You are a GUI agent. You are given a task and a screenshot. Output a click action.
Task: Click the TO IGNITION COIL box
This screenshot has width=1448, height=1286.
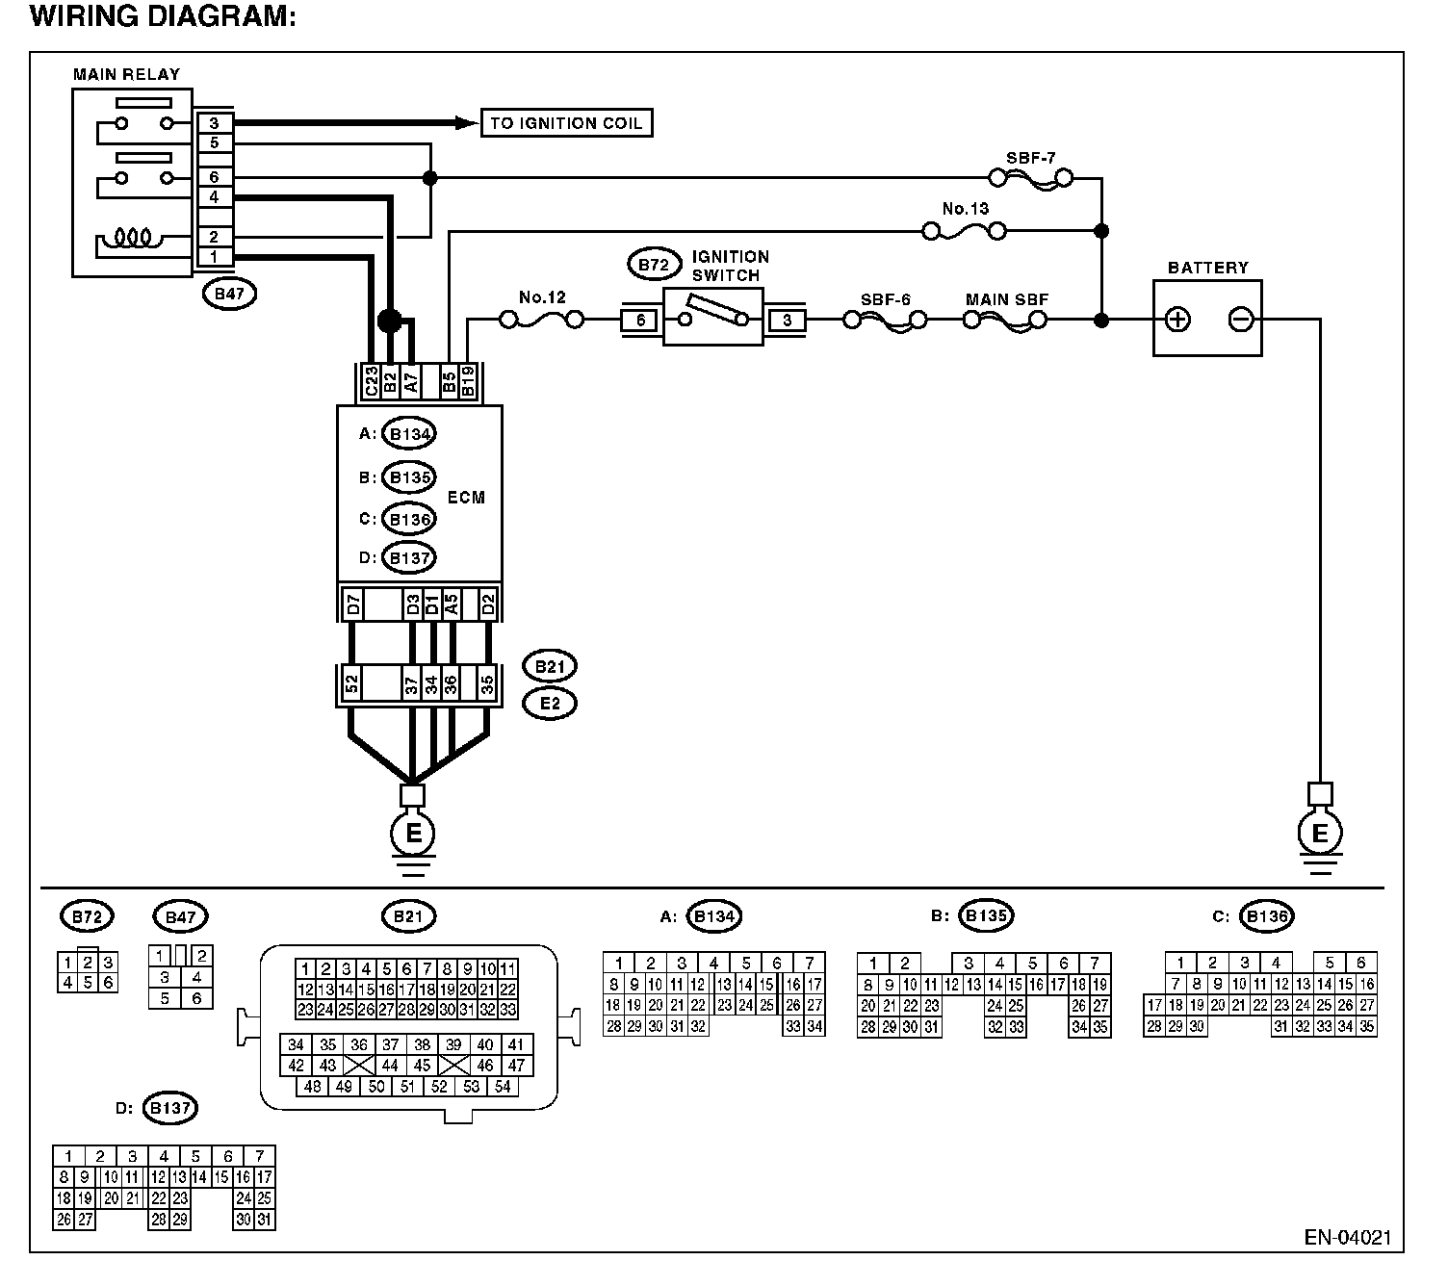[x=566, y=123]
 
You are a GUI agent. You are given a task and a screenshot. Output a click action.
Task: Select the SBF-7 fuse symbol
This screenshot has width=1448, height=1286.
[x=1031, y=178]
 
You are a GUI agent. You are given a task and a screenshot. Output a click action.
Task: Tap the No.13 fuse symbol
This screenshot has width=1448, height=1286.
[x=964, y=231]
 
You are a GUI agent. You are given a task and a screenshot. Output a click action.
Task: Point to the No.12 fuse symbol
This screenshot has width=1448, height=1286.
[x=541, y=320]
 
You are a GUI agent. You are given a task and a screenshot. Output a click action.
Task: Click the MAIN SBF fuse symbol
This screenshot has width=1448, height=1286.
[x=1005, y=320]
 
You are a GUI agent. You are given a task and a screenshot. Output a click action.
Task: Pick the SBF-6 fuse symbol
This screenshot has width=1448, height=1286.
[x=885, y=320]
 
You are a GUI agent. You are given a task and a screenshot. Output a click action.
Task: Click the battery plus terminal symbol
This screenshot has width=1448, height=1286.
[x=1178, y=320]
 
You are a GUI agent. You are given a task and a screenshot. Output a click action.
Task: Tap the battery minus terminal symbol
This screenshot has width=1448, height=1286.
[x=1241, y=320]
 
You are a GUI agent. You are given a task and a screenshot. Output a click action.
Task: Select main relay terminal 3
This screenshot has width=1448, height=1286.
[x=214, y=123]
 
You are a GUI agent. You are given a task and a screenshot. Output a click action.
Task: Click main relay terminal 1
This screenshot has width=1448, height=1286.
[x=214, y=257]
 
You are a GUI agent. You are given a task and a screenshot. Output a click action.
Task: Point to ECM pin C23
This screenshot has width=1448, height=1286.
[x=371, y=381]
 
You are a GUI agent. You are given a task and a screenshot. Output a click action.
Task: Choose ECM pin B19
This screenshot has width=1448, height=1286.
[x=468, y=381]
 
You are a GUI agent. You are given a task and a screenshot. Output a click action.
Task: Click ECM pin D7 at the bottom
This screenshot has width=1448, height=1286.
[x=352, y=604]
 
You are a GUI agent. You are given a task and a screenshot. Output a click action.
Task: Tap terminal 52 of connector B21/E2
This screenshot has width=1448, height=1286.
[x=352, y=685]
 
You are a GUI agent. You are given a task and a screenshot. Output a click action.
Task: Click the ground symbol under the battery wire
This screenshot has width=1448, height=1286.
[x=1320, y=837]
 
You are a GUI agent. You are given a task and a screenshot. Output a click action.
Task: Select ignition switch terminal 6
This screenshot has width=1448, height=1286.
[x=641, y=321]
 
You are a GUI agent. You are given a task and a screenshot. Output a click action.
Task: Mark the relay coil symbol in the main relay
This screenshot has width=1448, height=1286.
[x=130, y=237]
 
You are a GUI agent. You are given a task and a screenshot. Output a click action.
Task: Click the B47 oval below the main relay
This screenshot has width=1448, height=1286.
[x=229, y=295]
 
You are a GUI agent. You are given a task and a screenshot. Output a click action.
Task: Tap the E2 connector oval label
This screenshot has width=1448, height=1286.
[x=550, y=704]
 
